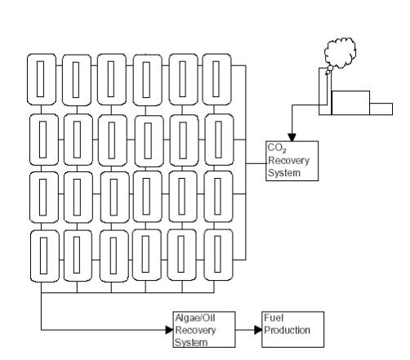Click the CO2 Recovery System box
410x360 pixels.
[x=292, y=161]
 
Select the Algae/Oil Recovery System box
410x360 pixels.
[x=204, y=330]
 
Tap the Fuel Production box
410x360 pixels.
[x=293, y=330]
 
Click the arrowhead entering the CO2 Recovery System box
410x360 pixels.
[x=292, y=137]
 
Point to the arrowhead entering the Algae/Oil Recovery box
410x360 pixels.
[x=169, y=330]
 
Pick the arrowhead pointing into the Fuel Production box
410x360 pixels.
[x=258, y=330]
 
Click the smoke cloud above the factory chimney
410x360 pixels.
[x=340, y=53]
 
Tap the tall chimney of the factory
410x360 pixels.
[x=325, y=91]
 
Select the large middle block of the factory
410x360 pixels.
[x=350, y=103]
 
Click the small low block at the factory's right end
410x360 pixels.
[x=381, y=109]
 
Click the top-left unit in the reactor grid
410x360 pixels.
[x=42, y=79]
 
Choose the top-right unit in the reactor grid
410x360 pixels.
[x=217, y=79]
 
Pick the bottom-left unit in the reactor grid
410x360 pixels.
[x=44, y=256]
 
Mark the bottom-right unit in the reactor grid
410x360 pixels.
[x=218, y=255]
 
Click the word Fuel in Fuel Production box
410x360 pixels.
[x=274, y=318]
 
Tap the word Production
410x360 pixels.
[x=287, y=330]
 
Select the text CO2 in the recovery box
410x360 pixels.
[x=277, y=149]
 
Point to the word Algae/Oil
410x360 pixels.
[x=195, y=318]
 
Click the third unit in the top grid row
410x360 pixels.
[x=112, y=79]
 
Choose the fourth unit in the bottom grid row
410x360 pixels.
[x=146, y=255]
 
